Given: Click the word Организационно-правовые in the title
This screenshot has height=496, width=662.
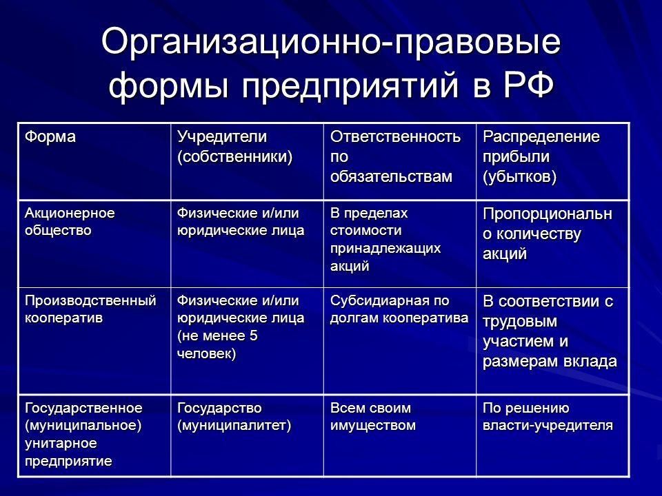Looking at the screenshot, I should coord(330,43).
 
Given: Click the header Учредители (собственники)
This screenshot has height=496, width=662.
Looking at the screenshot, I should coord(234,146).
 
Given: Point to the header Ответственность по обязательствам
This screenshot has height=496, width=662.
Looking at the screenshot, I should coord(396,156).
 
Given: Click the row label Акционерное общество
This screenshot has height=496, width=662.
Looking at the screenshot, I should coord(70,220).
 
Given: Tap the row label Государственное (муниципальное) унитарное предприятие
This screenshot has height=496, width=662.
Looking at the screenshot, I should coord(84,433).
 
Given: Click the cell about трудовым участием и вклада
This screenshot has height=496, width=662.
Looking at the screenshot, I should coord(549,331).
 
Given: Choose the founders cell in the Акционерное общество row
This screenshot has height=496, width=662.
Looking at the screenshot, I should coord(240,220).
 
